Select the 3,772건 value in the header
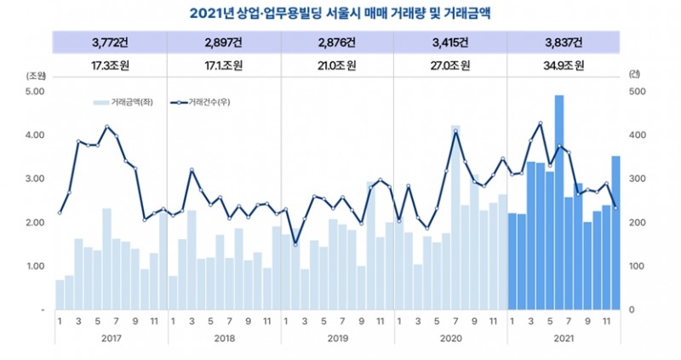pyautogui.click(x=110, y=42)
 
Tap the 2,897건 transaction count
pyautogui.click(x=224, y=42)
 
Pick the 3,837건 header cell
pyautogui.click(x=564, y=42)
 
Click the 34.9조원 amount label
pyautogui.click(x=564, y=65)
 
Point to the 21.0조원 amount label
pyautogui.click(x=337, y=65)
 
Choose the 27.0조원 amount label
pyautogui.click(x=450, y=65)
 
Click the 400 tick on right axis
pyautogui.click(x=638, y=135)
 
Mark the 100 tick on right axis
pyautogui.click(x=638, y=266)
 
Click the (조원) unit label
pyautogui.click(x=37, y=76)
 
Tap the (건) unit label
pyautogui.click(x=634, y=76)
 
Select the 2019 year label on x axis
pyautogui.click(x=337, y=339)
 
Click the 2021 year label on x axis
pyautogui.click(x=564, y=339)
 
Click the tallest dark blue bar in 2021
pyautogui.click(x=559, y=203)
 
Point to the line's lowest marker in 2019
pyautogui.click(x=295, y=244)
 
